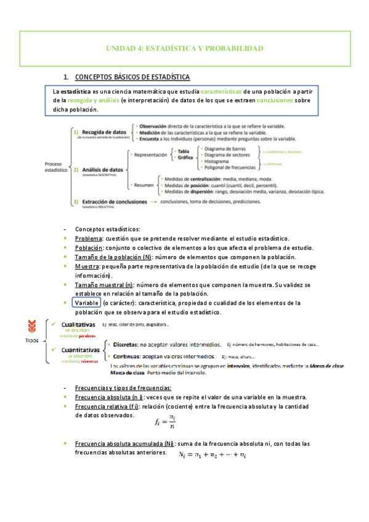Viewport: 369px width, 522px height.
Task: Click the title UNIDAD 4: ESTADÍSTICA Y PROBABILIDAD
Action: point(185,47)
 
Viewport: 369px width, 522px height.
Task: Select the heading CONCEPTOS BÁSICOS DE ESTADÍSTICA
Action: point(132,77)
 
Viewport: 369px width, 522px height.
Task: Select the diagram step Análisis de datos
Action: point(102,169)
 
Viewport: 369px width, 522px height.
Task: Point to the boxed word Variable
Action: point(86,303)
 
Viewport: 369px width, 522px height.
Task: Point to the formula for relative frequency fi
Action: point(163,421)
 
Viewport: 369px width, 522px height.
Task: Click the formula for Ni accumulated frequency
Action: point(213,454)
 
